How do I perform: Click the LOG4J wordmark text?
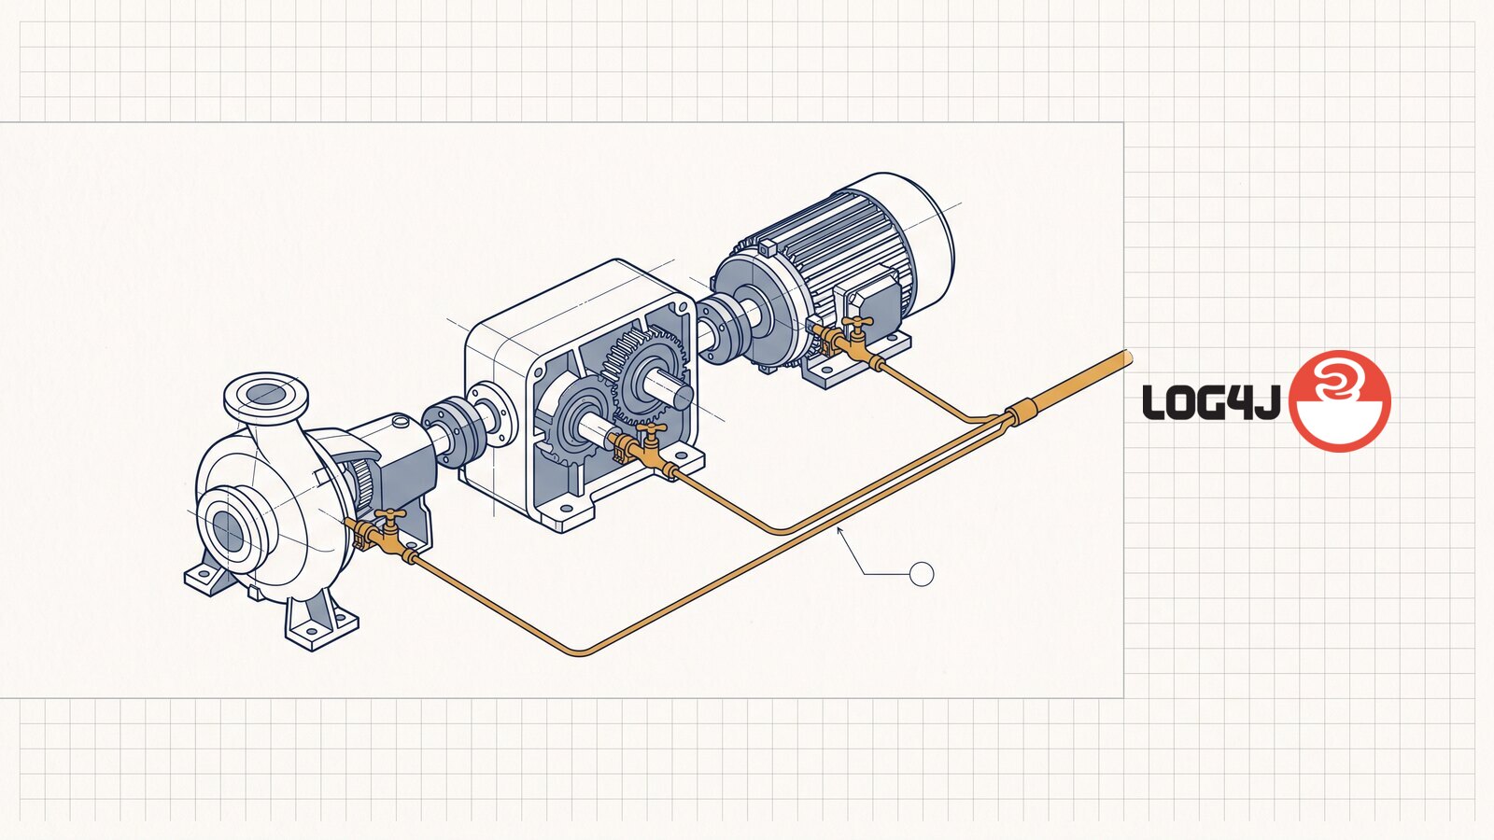[1210, 402]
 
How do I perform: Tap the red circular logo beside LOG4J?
[1339, 400]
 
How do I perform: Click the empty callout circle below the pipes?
[922, 574]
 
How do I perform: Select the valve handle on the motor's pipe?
[857, 322]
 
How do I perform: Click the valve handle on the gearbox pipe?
[651, 427]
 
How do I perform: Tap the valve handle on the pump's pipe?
[390, 514]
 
